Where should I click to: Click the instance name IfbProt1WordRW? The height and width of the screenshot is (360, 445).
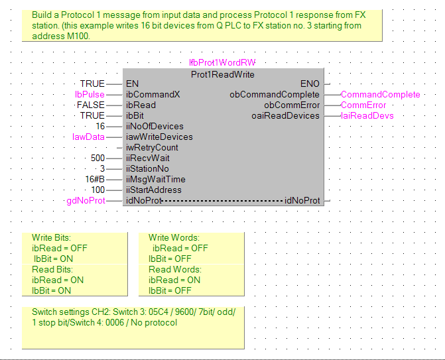coord(222,63)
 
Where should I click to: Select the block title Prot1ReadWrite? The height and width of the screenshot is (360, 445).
coord(222,74)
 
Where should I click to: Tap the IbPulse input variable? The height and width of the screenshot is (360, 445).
coord(90,95)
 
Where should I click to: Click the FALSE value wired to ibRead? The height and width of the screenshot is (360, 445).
coord(91,105)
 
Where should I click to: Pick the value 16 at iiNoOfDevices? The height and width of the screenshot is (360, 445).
coord(100,127)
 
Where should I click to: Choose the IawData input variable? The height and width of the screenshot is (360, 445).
coord(88,137)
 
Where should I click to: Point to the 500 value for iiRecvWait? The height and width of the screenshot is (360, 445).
coord(97,158)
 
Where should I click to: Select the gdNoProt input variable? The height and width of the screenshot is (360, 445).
coord(86,201)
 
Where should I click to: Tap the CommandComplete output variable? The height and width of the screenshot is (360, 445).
coord(380,95)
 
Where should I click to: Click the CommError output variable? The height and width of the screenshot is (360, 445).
coord(363,105)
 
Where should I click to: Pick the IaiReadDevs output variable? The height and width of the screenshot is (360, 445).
coord(367,116)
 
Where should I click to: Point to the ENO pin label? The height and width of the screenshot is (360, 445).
coord(310,84)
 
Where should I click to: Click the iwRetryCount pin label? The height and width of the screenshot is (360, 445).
coord(152,148)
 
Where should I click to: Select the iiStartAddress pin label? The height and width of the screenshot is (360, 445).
coord(153,190)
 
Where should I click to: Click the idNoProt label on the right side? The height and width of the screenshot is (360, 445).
coord(302,201)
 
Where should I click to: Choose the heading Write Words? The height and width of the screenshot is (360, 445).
coord(174,238)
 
